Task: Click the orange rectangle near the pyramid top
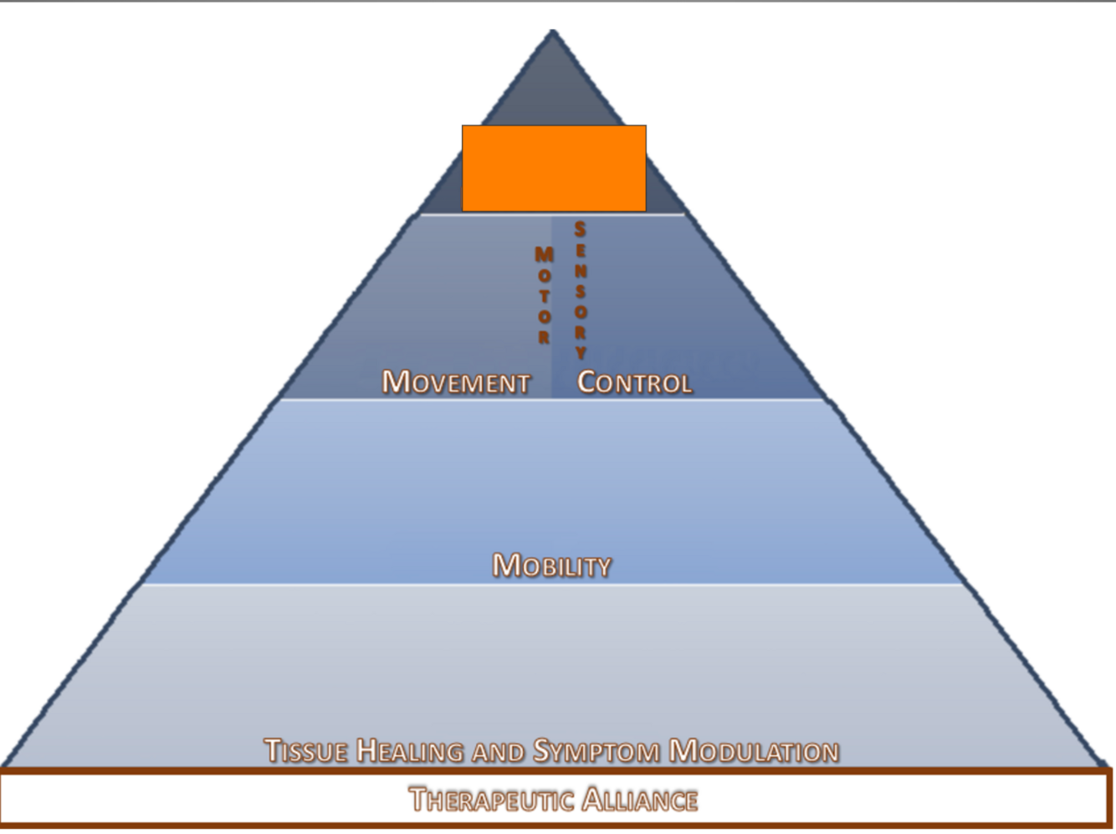[x=554, y=168]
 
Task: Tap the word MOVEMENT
[x=456, y=382]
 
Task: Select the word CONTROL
[x=634, y=382]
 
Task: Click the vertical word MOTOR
[x=544, y=294]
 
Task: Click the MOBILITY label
[x=551, y=565]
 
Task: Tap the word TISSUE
[x=305, y=750]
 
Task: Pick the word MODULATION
[x=754, y=750]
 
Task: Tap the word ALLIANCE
[x=640, y=800]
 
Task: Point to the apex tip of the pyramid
[x=553, y=32]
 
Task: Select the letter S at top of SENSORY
[x=580, y=229]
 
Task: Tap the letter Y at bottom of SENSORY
[x=581, y=352]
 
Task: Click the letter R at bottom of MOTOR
[x=544, y=337]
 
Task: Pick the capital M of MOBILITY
[x=504, y=565]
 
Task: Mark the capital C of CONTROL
[x=587, y=381]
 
